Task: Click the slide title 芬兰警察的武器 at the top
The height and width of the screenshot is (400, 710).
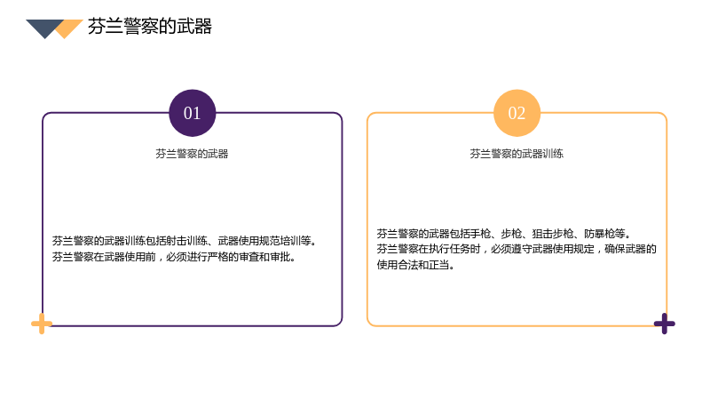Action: [150, 27]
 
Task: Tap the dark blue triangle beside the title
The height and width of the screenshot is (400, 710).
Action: [43, 27]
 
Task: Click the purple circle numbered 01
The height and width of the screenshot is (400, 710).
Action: [193, 113]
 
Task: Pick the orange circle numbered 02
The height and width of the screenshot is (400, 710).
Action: [517, 113]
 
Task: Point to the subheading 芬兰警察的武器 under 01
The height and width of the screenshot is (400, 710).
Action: [192, 154]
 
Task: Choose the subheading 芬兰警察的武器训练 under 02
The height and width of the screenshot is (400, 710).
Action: [517, 154]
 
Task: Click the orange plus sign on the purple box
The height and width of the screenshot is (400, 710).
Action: [42, 324]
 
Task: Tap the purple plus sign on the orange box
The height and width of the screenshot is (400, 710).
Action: [664, 324]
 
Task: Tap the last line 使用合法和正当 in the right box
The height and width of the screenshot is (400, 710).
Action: [414, 265]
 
